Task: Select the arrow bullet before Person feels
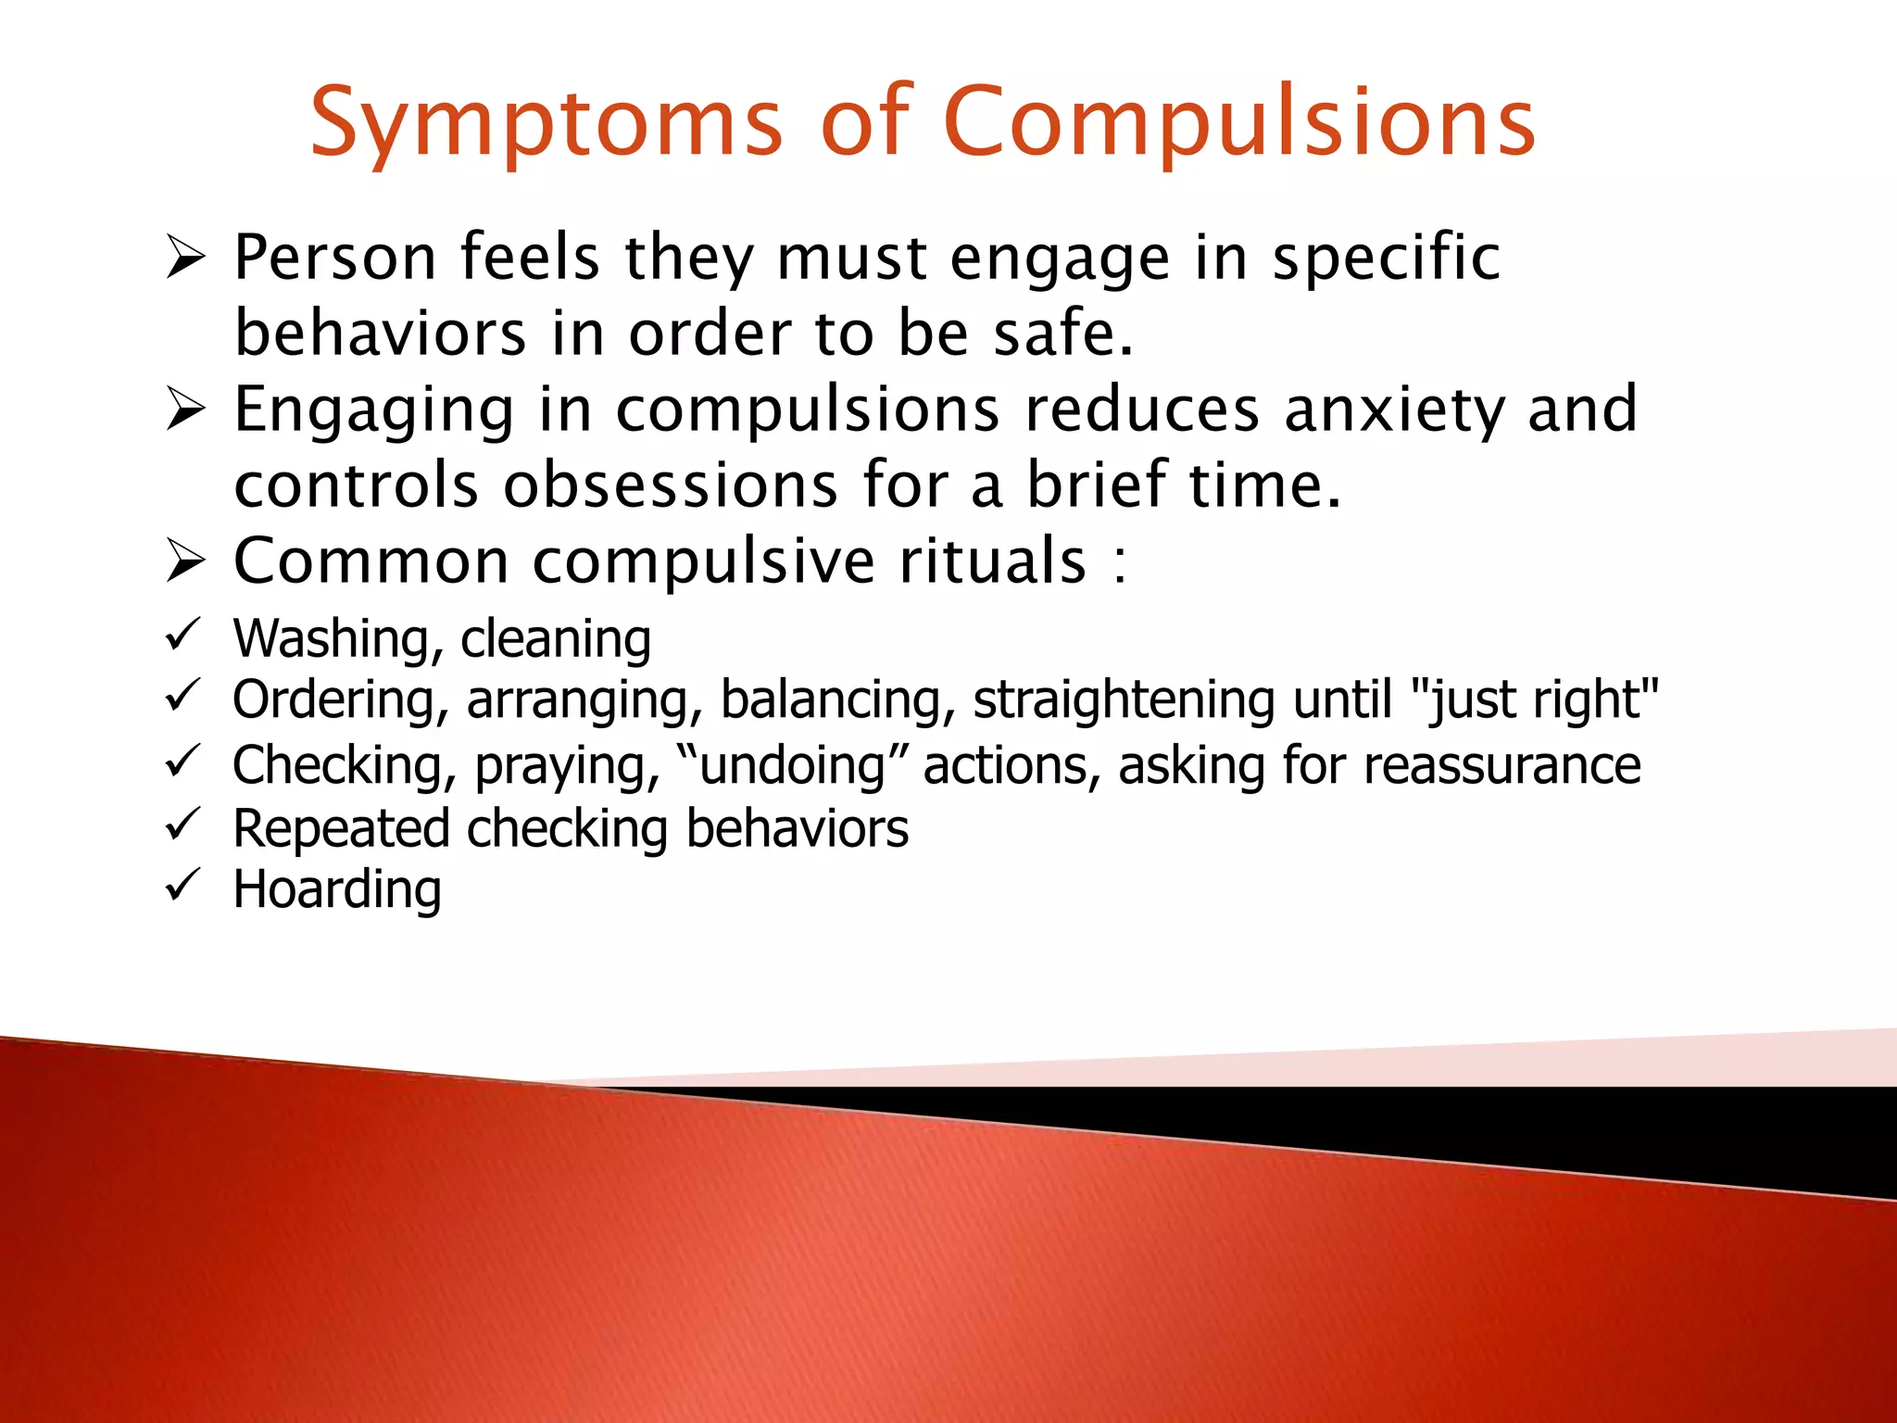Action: (x=185, y=257)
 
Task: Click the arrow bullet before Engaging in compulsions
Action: (x=185, y=409)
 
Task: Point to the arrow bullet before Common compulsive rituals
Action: (x=185, y=560)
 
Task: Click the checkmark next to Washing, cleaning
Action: (x=182, y=636)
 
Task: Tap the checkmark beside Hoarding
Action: (x=182, y=885)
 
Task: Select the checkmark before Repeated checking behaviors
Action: (x=182, y=824)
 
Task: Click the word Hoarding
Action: (x=337, y=889)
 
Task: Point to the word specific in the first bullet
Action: (x=1386, y=258)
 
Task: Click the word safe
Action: (x=1062, y=334)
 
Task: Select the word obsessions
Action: (x=671, y=485)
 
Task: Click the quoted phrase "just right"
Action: (x=1538, y=699)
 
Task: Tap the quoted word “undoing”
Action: (x=792, y=766)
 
